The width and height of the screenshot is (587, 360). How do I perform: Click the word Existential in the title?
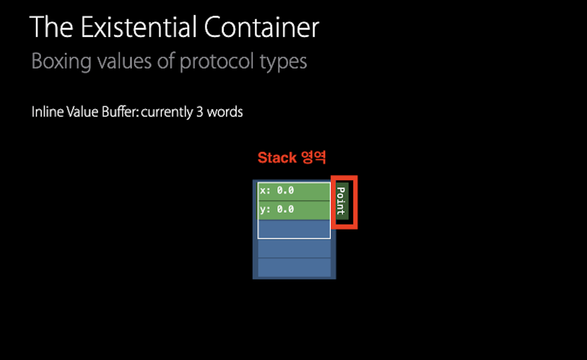pyautogui.click(x=140, y=28)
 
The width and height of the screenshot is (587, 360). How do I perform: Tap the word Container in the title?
pyautogui.click(x=262, y=28)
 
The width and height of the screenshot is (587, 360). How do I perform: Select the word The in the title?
pyautogui.click(x=52, y=28)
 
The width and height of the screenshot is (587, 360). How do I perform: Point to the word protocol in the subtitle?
pyautogui.click(x=217, y=62)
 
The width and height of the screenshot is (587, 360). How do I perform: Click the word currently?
pyautogui.click(x=167, y=112)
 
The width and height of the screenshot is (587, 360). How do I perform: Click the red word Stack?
pyautogui.click(x=277, y=158)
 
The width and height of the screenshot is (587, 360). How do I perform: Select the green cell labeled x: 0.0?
pyautogui.click(x=294, y=191)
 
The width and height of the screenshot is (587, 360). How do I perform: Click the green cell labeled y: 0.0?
pyautogui.click(x=294, y=210)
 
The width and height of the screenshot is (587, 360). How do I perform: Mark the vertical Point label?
pyautogui.click(x=341, y=201)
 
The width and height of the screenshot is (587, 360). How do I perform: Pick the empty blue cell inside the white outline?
pyautogui.click(x=294, y=229)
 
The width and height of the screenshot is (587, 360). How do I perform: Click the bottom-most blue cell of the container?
pyautogui.click(x=294, y=267)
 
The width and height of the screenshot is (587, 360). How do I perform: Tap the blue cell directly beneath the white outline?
pyautogui.click(x=294, y=248)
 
